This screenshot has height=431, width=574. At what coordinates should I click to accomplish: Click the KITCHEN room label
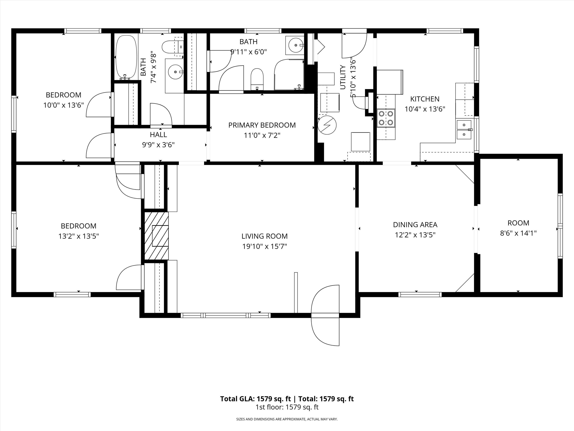pos(425,99)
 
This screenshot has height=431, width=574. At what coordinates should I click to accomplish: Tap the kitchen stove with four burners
pos(386,118)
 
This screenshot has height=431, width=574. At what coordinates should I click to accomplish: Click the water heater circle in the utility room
pos(327,125)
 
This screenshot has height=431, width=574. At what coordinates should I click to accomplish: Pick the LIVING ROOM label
pos(264,236)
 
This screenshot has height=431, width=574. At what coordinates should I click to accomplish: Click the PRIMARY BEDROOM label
pos(262,125)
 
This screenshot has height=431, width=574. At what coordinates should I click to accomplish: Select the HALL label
pos(158,135)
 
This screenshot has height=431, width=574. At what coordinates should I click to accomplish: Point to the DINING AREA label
pos(415,224)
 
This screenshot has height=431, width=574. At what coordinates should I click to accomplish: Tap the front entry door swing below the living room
pos(325,316)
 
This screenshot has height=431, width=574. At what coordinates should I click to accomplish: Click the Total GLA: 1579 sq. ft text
pos(255,399)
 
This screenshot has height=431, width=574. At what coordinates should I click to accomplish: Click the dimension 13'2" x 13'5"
pos(79,236)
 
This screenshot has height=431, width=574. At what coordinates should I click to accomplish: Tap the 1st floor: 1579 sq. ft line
pos(287,407)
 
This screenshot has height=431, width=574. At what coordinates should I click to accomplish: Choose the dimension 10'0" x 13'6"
pos(64,105)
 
